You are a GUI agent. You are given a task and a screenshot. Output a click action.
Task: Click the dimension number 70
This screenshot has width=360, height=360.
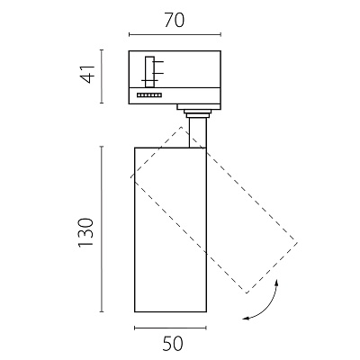point(175,21)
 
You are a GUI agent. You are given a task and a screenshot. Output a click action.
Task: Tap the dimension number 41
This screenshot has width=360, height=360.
point(87,74)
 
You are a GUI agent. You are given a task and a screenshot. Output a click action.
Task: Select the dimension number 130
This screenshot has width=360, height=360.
point(86,233)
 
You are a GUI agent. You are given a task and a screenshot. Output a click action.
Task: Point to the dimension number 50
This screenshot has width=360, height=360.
point(173,344)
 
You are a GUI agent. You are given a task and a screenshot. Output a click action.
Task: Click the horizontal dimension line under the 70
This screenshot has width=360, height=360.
point(175,34)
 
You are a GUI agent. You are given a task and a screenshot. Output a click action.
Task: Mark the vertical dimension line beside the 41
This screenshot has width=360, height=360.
point(102,76)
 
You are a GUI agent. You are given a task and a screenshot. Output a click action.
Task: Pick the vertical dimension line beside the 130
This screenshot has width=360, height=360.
point(102,229)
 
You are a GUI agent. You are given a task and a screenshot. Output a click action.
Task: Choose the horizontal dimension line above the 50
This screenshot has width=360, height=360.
point(170,328)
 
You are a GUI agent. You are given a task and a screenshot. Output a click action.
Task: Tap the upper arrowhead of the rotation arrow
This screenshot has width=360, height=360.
point(277,282)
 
